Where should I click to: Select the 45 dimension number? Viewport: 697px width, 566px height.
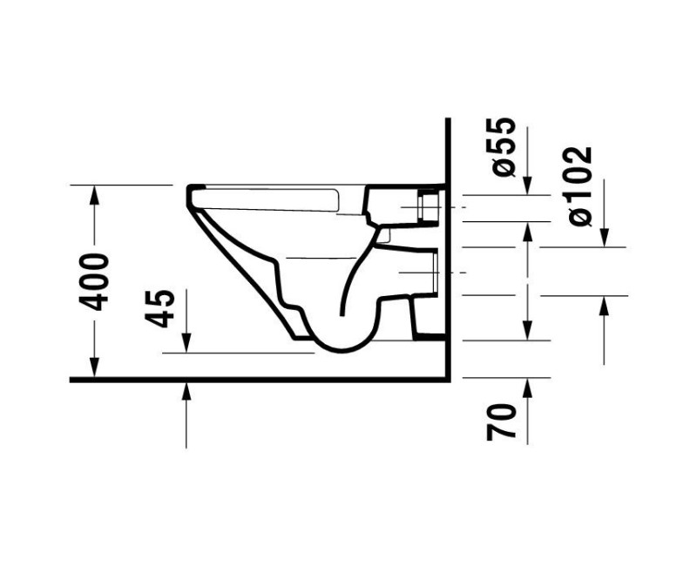160,307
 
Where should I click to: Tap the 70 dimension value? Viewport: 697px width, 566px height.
503,420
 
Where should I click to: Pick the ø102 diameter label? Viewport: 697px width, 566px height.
578,185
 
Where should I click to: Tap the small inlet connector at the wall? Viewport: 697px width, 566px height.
429,207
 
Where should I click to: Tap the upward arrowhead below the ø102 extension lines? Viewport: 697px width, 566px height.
604,304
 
